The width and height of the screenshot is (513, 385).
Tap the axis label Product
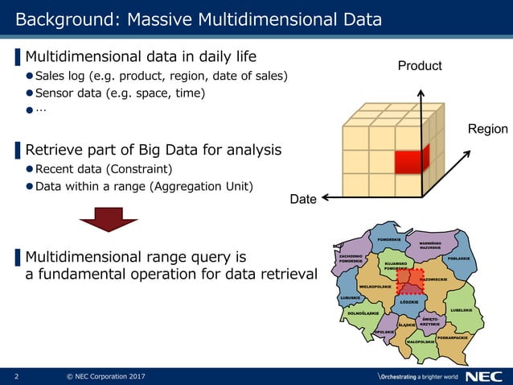(x=420, y=65)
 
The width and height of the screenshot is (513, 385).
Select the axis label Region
(x=487, y=129)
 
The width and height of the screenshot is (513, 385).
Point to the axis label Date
(x=303, y=199)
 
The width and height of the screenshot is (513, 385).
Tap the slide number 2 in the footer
(x=16, y=376)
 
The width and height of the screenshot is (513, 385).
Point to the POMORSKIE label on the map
(x=389, y=239)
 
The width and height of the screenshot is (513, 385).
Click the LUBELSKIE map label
(x=465, y=310)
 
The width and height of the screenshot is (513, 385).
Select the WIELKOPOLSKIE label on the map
(x=375, y=287)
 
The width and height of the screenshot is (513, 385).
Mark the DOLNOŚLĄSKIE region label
(x=363, y=313)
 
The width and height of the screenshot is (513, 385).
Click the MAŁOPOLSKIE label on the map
(x=421, y=342)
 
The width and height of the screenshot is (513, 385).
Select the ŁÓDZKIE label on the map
(x=408, y=302)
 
